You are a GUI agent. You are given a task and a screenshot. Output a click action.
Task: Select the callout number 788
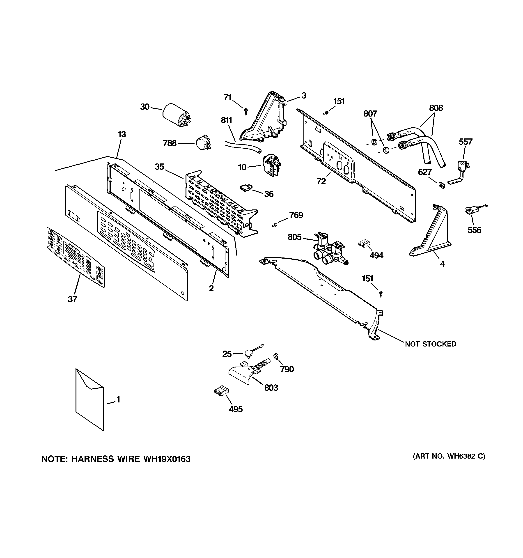point(170,143)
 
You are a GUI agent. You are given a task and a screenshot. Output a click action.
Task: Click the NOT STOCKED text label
point(430,344)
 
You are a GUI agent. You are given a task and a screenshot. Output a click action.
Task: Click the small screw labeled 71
point(246,111)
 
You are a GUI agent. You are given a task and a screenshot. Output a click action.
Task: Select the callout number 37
point(72,299)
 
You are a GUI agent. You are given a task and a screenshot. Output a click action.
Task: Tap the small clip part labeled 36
point(246,188)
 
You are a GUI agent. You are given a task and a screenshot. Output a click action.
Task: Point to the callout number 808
point(436,108)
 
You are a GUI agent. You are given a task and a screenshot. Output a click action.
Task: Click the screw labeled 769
point(275,225)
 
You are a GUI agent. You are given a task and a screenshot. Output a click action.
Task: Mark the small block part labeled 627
point(442,185)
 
